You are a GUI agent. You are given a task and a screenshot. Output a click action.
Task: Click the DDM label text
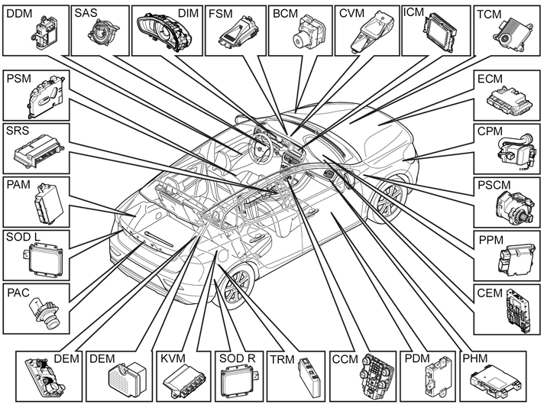[19, 14]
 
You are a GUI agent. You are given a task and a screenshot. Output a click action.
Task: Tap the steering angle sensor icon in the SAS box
[102, 34]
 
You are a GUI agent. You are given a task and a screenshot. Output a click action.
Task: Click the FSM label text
[220, 14]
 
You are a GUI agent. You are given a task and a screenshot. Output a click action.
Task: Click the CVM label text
[351, 14]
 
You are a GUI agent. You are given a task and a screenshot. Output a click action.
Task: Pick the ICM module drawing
[439, 33]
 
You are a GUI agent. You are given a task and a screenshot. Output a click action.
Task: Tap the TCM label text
[489, 15]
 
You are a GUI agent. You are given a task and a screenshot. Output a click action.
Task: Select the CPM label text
[490, 131]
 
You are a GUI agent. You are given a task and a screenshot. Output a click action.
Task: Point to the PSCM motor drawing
[513, 207]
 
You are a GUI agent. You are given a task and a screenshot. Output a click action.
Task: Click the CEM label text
[490, 293]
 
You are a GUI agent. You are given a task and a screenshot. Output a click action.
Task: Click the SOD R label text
[238, 358]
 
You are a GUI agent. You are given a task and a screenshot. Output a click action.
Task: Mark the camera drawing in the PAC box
[44, 314]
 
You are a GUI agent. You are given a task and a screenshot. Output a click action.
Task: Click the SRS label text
[18, 131]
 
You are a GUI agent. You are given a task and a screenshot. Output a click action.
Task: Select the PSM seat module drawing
[46, 96]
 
